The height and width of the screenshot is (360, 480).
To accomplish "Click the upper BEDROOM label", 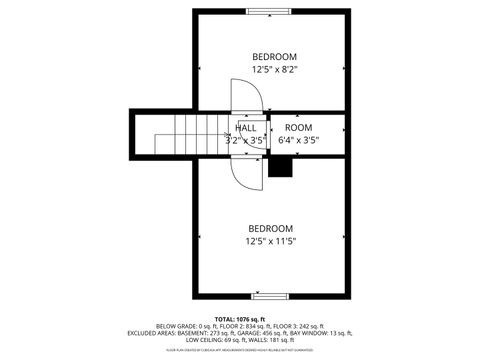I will coord(273,56).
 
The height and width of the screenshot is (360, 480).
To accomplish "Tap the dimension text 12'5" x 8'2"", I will coord(273,70).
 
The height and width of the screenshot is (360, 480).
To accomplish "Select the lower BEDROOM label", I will coord(271,227).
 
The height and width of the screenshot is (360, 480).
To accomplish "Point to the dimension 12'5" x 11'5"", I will coord(271,241).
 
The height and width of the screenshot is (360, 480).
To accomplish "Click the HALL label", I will coord(245,128).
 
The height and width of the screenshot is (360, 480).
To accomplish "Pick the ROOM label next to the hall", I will coord(298,128).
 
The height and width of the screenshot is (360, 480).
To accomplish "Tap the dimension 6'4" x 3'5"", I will coord(298,141).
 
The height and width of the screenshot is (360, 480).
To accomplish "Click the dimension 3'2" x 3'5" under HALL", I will coord(245,141).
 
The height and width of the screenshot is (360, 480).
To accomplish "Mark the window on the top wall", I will coord(270,11).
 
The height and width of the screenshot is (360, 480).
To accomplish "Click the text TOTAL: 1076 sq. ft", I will coord(240,318).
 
